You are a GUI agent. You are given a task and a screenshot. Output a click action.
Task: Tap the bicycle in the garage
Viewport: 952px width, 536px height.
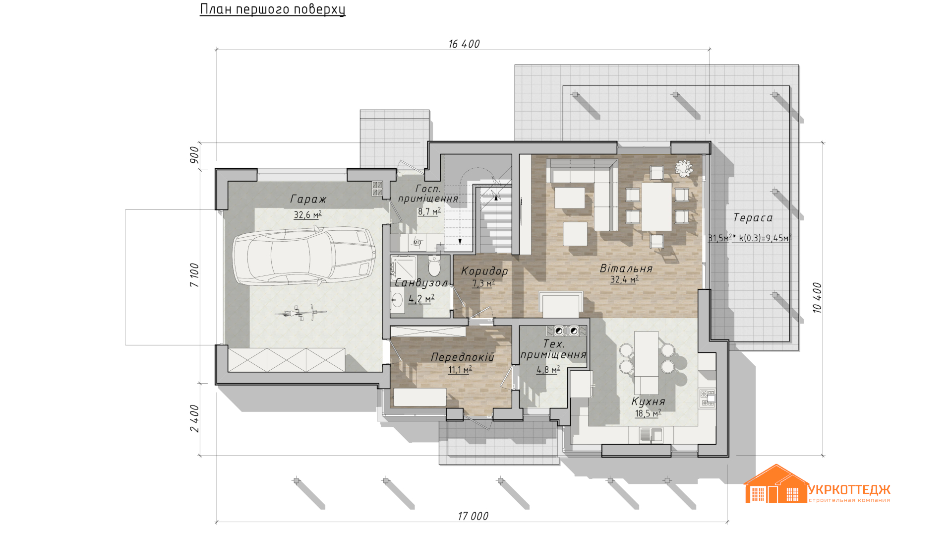click(301, 313)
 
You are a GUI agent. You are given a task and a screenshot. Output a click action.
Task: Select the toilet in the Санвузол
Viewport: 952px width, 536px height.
click(434, 266)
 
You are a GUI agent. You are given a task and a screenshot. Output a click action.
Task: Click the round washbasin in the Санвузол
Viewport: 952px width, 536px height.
click(398, 300)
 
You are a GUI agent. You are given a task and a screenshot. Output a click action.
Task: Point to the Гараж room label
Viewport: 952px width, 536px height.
click(308, 199)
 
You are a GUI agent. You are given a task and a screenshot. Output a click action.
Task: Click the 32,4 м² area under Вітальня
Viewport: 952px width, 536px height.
click(624, 279)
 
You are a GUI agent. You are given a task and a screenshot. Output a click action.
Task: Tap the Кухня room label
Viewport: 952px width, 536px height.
click(648, 402)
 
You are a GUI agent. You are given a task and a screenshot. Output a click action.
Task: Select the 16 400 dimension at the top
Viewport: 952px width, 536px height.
click(464, 44)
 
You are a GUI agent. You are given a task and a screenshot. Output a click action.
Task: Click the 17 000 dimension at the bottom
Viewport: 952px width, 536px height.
click(473, 516)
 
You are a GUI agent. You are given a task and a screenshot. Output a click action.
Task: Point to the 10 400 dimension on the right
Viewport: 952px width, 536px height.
click(817, 297)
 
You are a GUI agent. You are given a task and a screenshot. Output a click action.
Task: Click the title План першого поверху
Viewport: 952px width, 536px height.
click(273, 9)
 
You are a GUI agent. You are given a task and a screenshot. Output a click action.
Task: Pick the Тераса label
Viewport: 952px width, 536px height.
click(753, 218)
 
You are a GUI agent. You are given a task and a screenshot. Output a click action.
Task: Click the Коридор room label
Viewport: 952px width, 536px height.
click(484, 271)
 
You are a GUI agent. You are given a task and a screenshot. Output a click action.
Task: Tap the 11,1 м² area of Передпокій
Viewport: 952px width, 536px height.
click(460, 370)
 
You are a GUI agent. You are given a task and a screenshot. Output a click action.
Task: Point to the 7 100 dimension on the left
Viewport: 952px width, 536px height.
click(194, 275)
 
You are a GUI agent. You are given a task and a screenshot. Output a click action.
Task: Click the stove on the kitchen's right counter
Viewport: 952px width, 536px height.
click(708, 399)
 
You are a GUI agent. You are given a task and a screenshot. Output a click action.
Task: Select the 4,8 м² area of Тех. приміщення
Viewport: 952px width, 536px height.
click(548, 370)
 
